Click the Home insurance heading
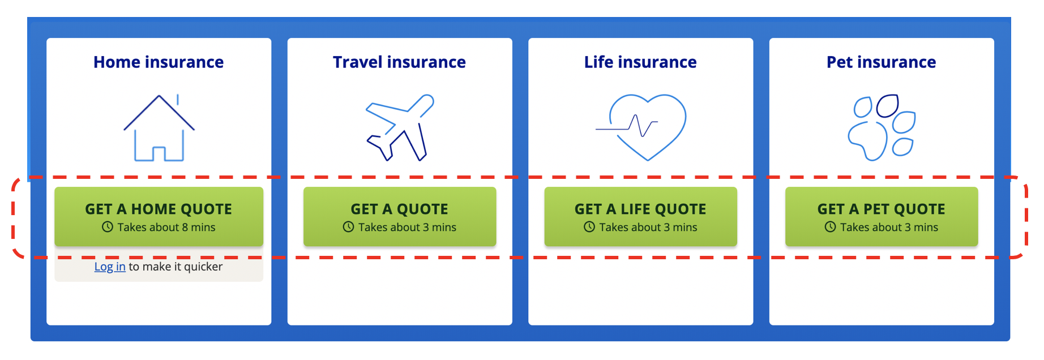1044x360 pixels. tap(159, 62)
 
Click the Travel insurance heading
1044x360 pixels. tap(399, 62)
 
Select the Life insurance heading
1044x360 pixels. tap(640, 62)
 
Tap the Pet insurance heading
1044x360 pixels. tap(881, 62)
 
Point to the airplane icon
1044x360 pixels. tap(400, 128)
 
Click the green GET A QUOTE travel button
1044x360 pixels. tap(400, 217)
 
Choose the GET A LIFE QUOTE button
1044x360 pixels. tap(640, 217)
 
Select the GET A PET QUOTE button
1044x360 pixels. tap(882, 217)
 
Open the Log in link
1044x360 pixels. tap(110, 267)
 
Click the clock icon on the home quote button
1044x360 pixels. tap(108, 227)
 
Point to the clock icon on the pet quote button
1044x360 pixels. tap(830, 227)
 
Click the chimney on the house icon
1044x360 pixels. tap(178, 100)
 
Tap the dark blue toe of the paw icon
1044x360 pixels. tap(887, 106)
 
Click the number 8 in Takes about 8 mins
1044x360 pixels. tap(185, 227)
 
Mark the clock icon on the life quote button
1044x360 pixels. tap(589, 227)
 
